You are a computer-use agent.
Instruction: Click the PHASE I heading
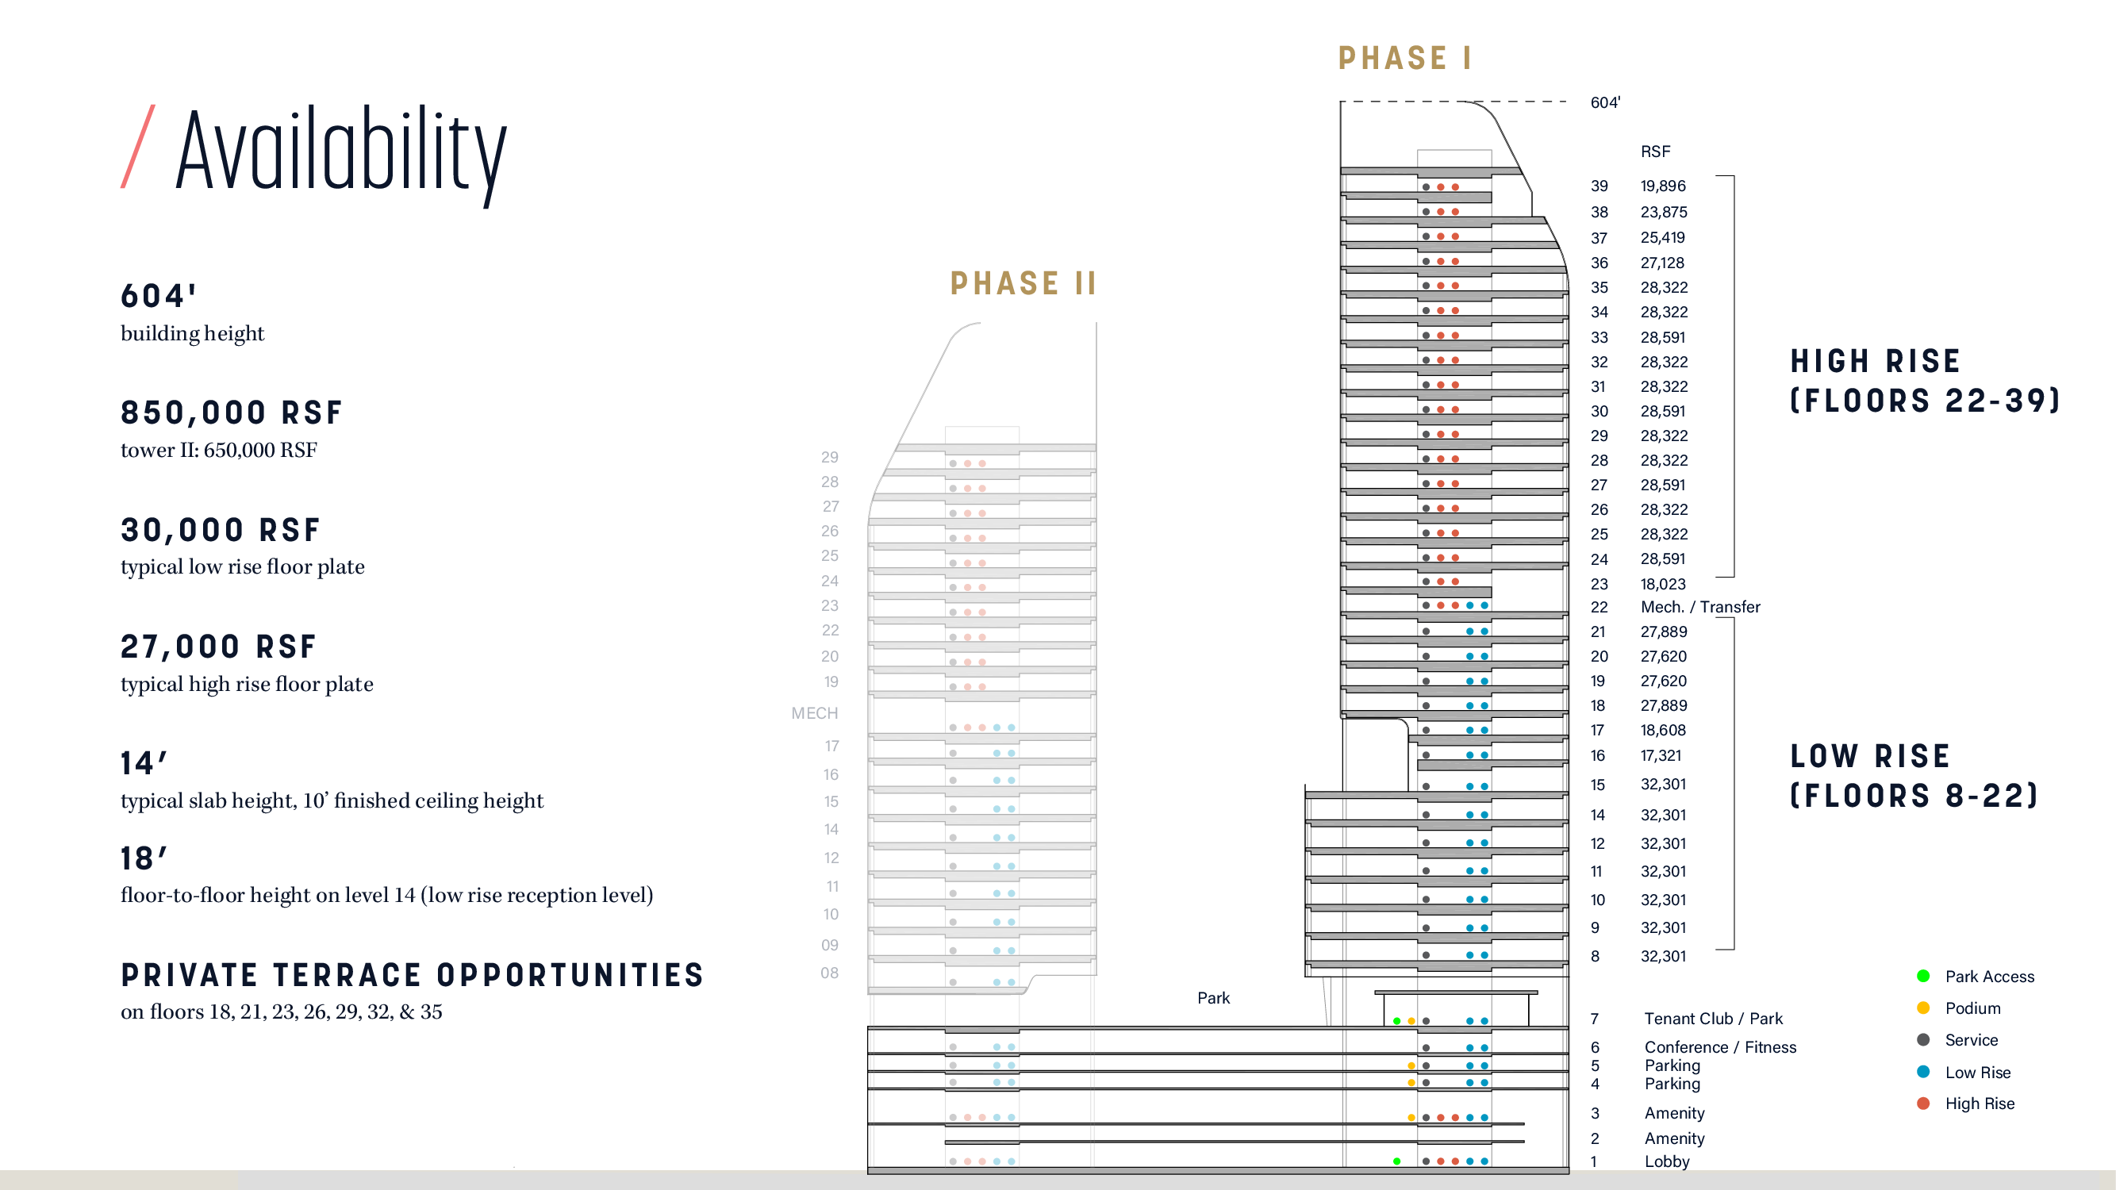(1404, 57)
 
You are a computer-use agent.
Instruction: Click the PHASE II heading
(1023, 283)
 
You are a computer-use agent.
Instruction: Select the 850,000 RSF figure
(231, 413)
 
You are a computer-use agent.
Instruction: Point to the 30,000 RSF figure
(220, 530)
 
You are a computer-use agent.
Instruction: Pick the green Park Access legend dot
(1923, 976)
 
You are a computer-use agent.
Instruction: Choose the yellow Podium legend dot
(1923, 1008)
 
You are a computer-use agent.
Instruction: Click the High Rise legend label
(1980, 1103)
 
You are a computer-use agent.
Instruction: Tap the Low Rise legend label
(1978, 1072)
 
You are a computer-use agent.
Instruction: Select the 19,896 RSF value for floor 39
(1663, 186)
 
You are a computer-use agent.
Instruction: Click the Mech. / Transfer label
(1700, 607)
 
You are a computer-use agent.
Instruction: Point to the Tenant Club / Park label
(1713, 1019)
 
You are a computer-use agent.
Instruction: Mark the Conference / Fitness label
(1720, 1047)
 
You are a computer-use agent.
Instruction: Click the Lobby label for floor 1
(1667, 1161)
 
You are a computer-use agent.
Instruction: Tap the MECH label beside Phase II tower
(815, 713)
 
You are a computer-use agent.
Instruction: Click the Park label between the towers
(1213, 998)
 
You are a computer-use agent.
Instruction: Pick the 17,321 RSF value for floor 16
(1661, 754)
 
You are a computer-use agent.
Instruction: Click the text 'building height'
(192, 333)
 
